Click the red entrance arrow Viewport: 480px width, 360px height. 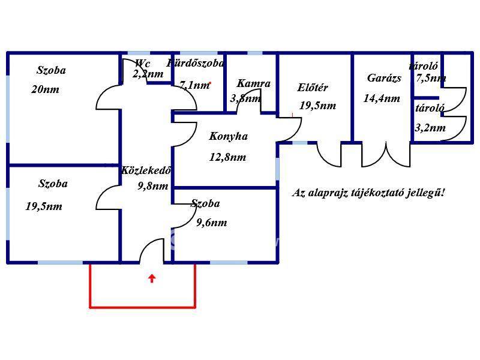(x=152, y=278)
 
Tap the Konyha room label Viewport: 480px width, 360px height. (x=228, y=137)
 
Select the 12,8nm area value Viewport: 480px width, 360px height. (x=228, y=158)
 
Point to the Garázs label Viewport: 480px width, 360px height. (x=384, y=78)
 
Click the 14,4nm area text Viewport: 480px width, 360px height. (x=382, y=99)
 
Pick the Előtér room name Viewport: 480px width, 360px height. (x=313, y=88)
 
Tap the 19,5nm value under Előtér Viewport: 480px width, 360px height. (x=317, y=106)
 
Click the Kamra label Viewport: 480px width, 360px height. (x=253, y=84)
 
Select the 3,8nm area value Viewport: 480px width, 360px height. (x=245, y=98)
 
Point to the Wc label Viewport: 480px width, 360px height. (x=142, y=64)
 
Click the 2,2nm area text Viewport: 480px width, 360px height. (x=148, y=74)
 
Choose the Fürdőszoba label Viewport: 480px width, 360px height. (x=196, y=63)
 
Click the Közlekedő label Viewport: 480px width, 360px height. (x=146, y=170)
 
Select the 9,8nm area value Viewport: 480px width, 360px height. (x=152, y=186)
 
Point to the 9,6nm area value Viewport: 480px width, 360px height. (x=211, y=223)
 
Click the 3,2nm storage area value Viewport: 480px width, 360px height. (x=430, y=128)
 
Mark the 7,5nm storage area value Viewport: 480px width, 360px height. (x=431, y=78)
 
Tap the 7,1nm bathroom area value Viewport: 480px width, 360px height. (x=194, y=86)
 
